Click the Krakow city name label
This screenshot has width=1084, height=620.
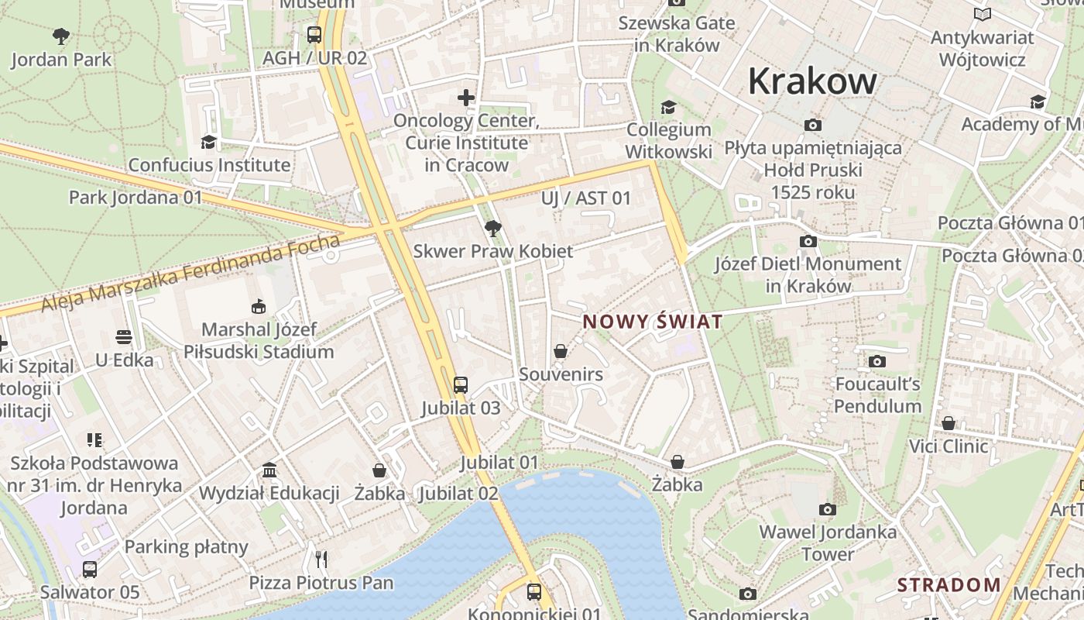click(x=812, y=81)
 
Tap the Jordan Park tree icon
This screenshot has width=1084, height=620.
click(x=61, y=36)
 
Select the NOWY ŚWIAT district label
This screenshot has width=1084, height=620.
click(x=653, y=322)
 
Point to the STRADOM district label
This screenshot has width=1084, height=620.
click(x=948, y=584)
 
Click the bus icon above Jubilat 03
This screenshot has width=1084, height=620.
click(x=461, y=384)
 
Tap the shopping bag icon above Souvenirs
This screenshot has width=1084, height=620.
click(x=561, y=351)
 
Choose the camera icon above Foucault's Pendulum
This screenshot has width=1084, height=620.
click(x=877, y=361)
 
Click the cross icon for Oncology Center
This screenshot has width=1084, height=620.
click(x=465, y=98)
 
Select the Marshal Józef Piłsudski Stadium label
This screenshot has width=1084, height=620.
click(x=259, y=340)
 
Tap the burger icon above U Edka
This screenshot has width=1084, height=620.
click(x=124, y=337)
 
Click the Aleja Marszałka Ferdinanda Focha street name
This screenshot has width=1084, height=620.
click(x=190, y=275)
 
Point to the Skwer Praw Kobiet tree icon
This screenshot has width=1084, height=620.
click(x=492, y=228)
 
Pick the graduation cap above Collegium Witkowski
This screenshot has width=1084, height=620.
click(x=668, y=107)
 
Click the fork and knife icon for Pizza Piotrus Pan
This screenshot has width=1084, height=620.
click(x=321, y=559)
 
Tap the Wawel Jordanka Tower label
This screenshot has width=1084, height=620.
click(x=828, y=542)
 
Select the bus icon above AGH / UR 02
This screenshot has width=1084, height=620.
click(x=314, y=35)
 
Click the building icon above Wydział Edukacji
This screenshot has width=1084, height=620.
click(x=269, y=470)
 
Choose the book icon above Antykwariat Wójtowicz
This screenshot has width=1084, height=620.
click(x=983, y=15)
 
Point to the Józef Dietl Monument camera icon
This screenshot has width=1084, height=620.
click(x=808, y=242)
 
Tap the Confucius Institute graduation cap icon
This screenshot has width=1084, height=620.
click(x=208, y=142)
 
